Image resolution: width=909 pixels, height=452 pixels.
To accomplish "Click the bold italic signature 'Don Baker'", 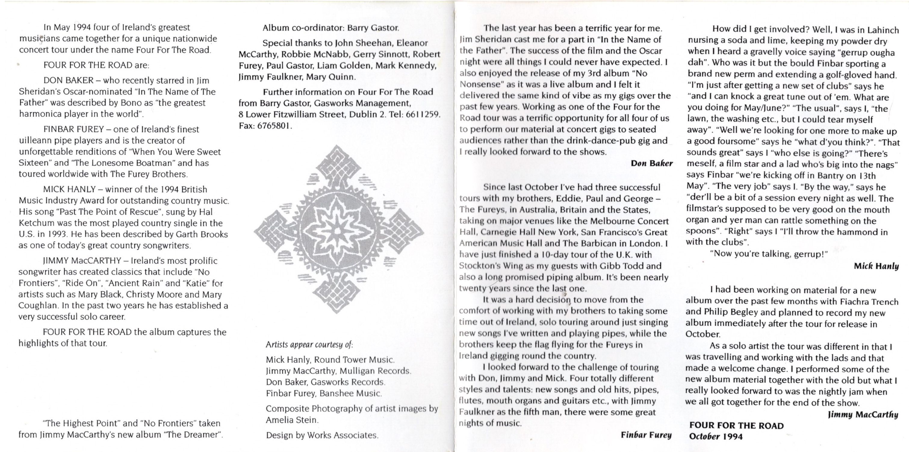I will click(651, 163).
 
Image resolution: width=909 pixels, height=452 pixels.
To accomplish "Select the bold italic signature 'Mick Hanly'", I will click(876, 266).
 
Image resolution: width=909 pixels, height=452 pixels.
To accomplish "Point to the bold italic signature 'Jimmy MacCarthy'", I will click(862, 415).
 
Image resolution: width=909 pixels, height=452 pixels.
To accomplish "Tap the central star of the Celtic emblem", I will click(338, 229).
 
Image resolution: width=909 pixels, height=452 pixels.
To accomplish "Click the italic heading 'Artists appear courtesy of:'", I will click(309, 344).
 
